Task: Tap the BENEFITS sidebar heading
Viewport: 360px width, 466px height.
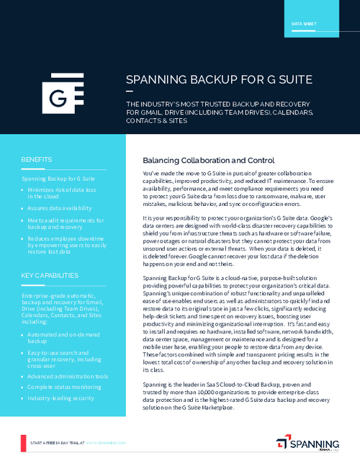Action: [36, 158]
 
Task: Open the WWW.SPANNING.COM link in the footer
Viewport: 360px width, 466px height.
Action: [106, 441]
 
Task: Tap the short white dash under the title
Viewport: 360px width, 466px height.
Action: [130, 91]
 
